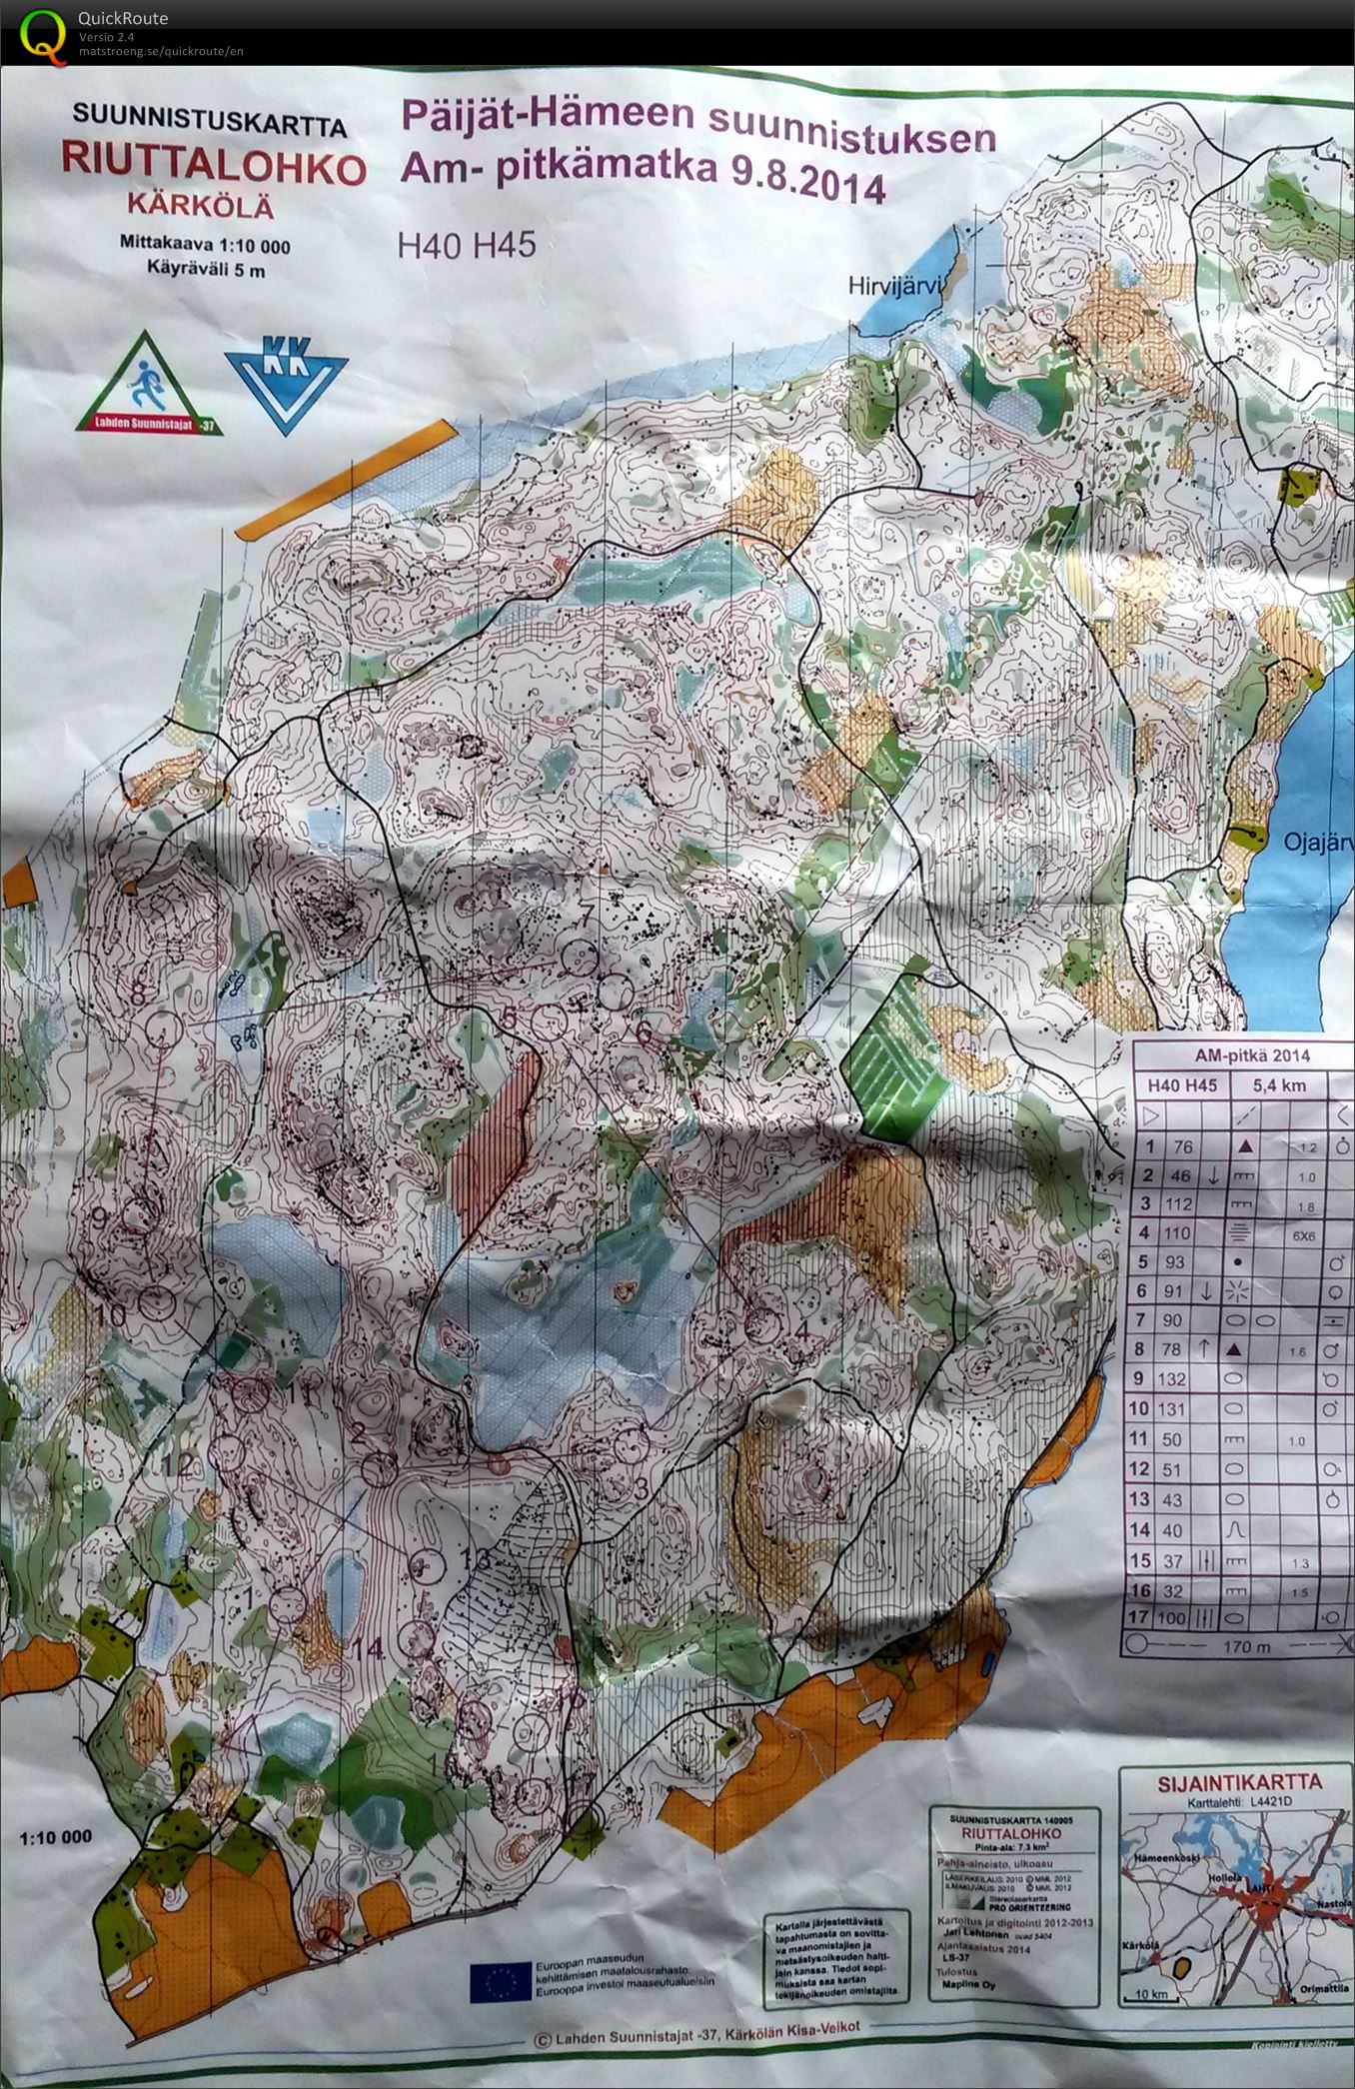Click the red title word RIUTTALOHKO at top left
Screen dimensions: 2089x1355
tap(213, 164)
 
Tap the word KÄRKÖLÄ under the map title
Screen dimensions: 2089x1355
tap(200, 205)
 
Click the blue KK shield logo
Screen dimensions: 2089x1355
tap(286, 383)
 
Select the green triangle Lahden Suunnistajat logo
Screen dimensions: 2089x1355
tap(148, 385)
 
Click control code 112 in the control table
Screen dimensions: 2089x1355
tap(1178, 1204)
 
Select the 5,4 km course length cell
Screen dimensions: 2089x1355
tap(1279, 1085)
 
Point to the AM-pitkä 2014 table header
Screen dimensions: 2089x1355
tap(1238, 1055)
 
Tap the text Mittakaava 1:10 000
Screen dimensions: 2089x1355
tap(205, 245)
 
